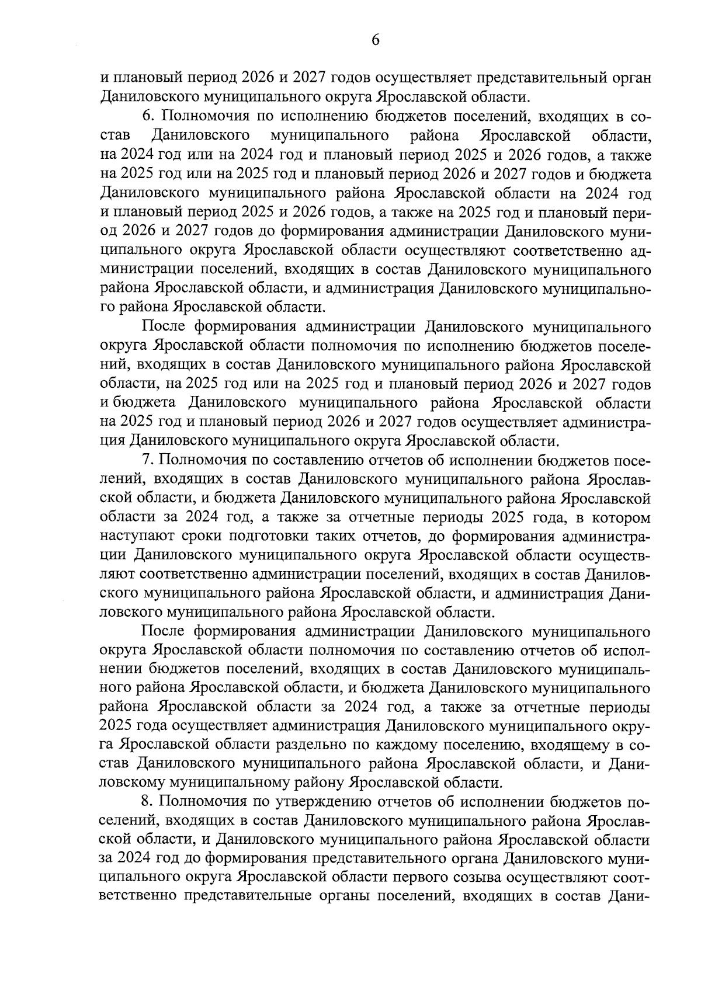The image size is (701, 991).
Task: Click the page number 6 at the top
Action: pos(376,40)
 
